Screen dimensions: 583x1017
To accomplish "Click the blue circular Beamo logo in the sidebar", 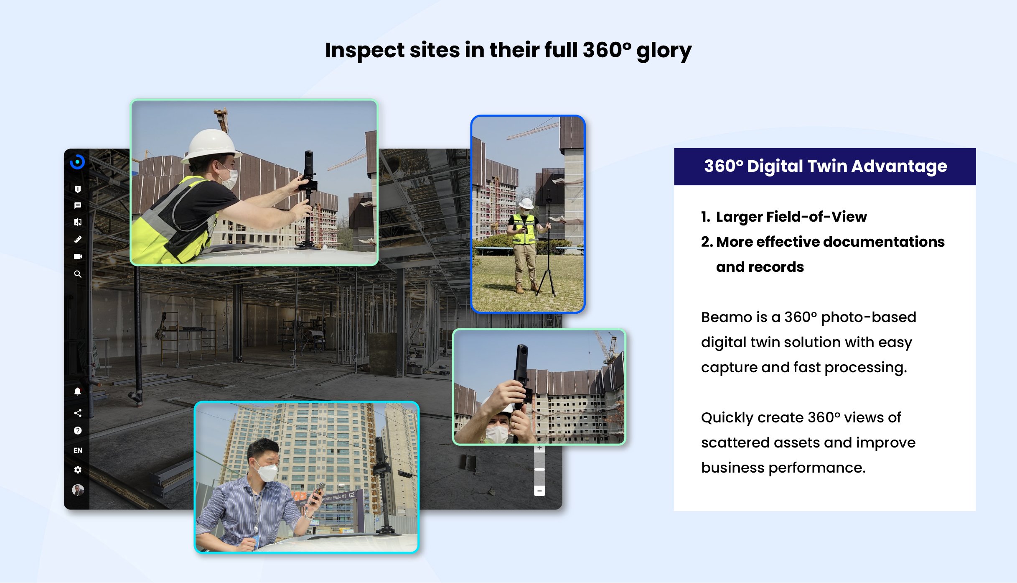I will coord(77,162).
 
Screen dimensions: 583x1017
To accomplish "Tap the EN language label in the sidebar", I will coord(78,450).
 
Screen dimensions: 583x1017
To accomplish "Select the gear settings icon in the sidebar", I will coord(78,470).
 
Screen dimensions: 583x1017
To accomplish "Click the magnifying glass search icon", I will coord(78,274).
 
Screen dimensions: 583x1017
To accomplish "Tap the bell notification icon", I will coord(78,391).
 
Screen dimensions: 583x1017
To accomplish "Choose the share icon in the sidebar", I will coord(78,413).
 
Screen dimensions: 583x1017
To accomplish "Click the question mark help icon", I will coord(78,431).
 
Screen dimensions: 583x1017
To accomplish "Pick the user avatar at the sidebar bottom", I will coord(78,490).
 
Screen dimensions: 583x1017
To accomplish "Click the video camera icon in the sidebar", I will coord(78,256).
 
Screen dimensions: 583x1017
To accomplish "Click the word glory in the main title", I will coord(664,51).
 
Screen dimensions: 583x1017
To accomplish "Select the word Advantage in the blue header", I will coord(899,166).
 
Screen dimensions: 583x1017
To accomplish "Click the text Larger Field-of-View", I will coord(791,217).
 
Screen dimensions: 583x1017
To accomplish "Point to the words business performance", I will coord(783,468).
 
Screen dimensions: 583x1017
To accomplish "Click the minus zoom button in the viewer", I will coord(539,491).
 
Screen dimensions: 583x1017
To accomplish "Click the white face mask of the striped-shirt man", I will coord(267,473).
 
